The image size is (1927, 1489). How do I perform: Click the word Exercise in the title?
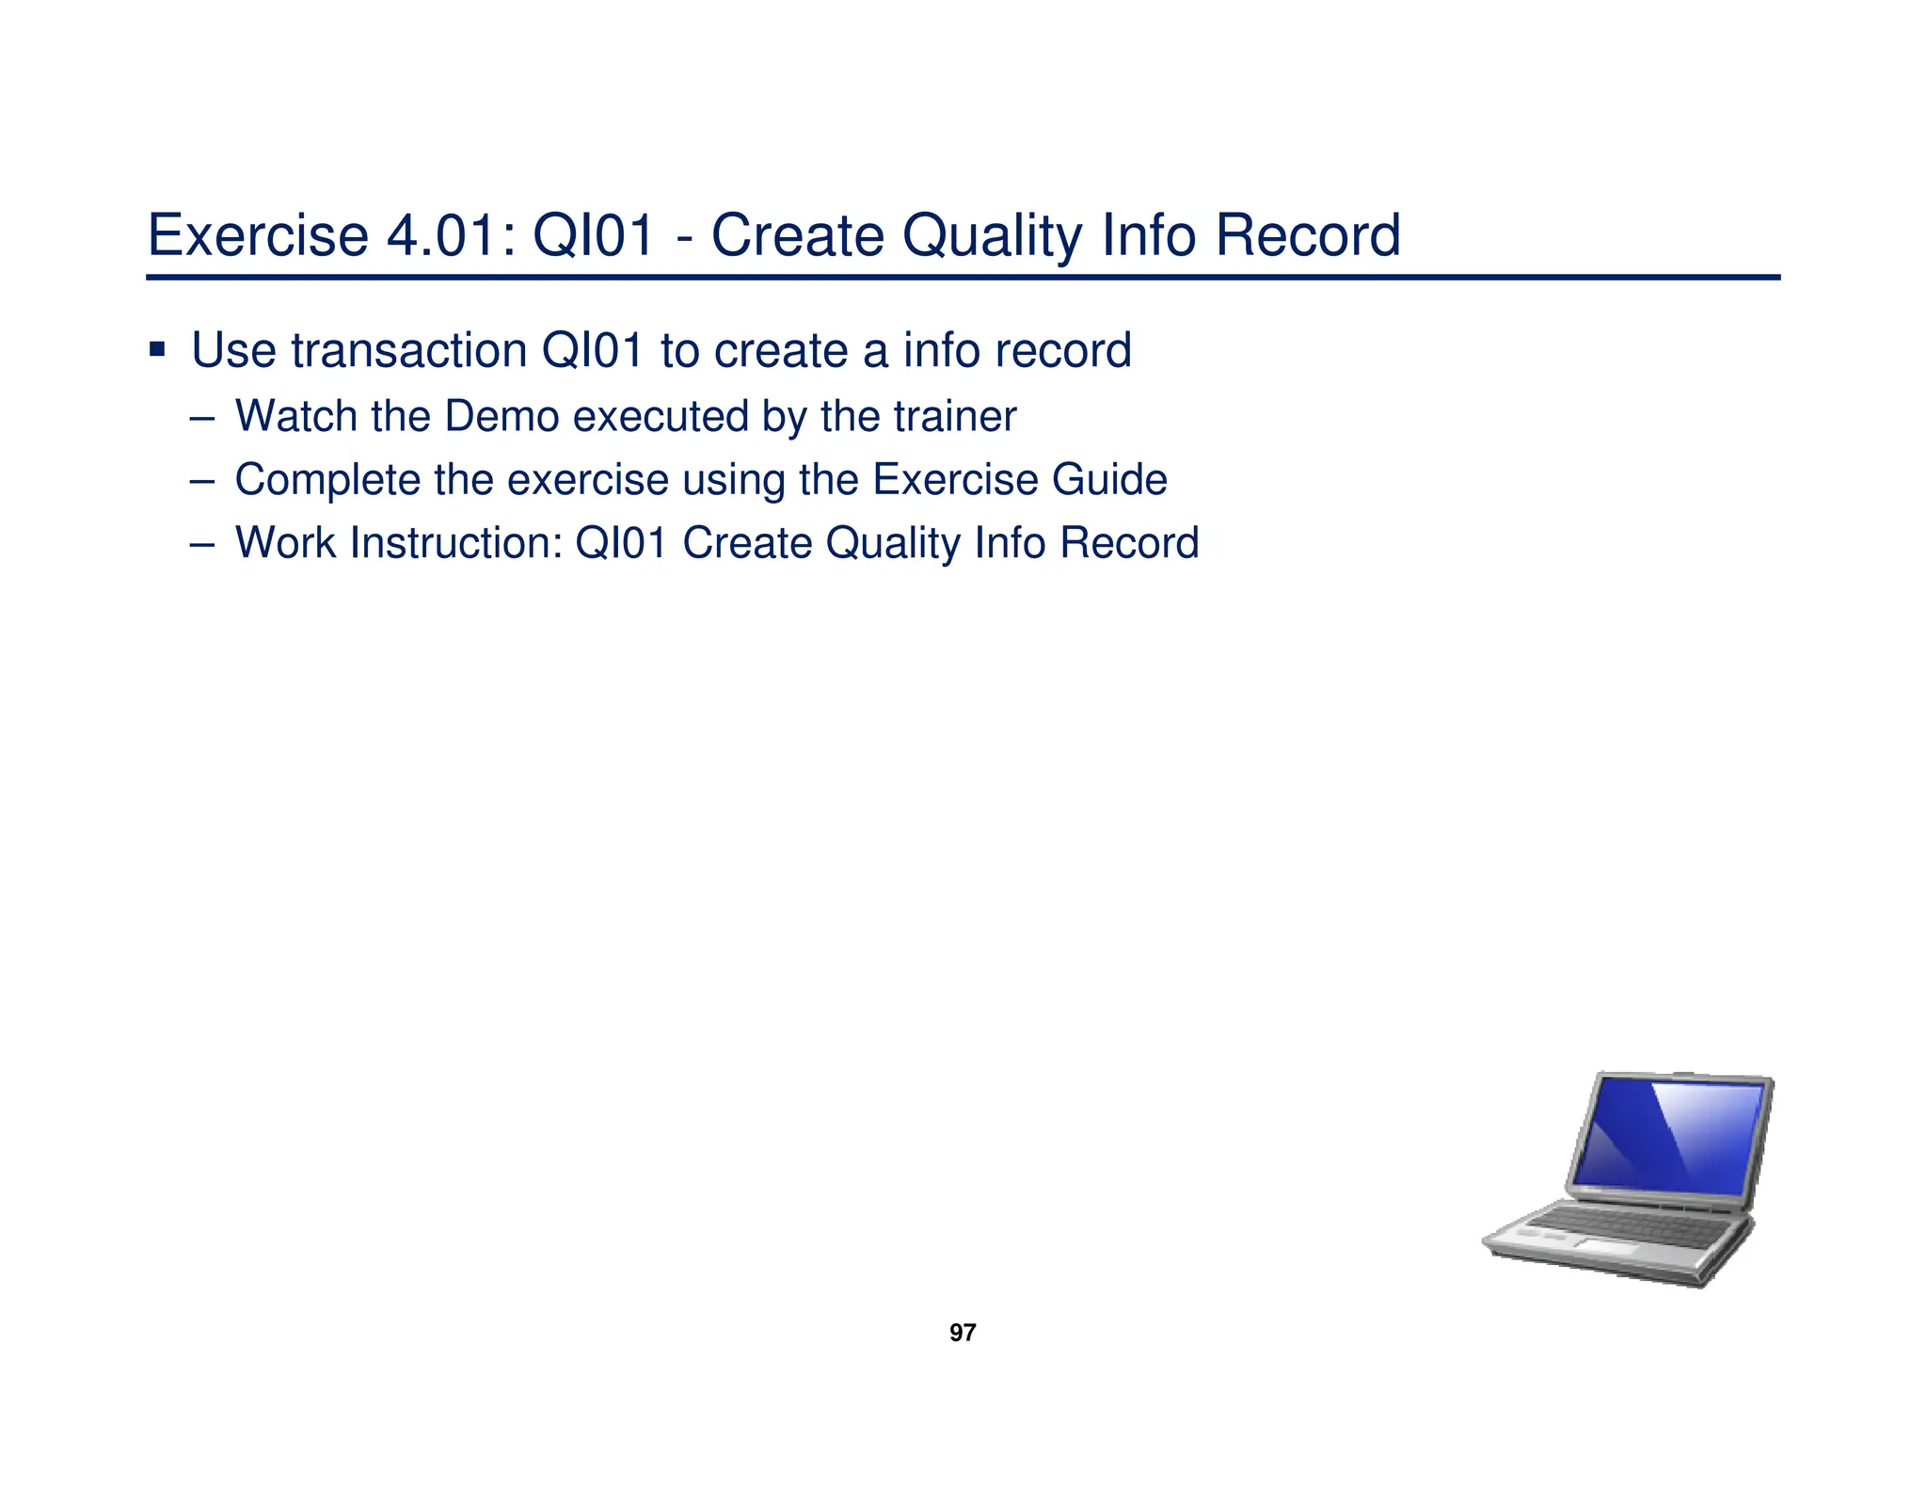pos(257,235)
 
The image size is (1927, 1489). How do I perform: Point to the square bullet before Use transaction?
pos(157,351)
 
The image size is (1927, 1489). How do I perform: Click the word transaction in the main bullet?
pos(408,351)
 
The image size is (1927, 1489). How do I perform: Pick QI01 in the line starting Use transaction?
pos(592,351)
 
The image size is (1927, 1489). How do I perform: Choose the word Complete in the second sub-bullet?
pos(326,480)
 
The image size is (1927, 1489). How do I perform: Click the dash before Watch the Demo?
pos(201,417)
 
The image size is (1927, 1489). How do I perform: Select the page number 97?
pos(963,1333)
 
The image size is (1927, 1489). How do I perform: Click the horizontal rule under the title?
pos(963,278)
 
